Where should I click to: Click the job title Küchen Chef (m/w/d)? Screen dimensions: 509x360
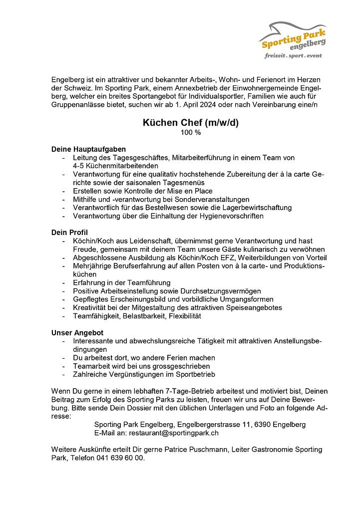191,123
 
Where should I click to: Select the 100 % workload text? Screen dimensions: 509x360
191,133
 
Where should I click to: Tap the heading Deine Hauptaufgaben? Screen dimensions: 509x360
88,149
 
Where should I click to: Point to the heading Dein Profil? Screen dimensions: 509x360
69,233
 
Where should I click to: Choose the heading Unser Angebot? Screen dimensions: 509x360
77,332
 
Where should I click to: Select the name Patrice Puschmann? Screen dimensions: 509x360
196,450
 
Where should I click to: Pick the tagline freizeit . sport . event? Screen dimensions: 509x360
294,56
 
